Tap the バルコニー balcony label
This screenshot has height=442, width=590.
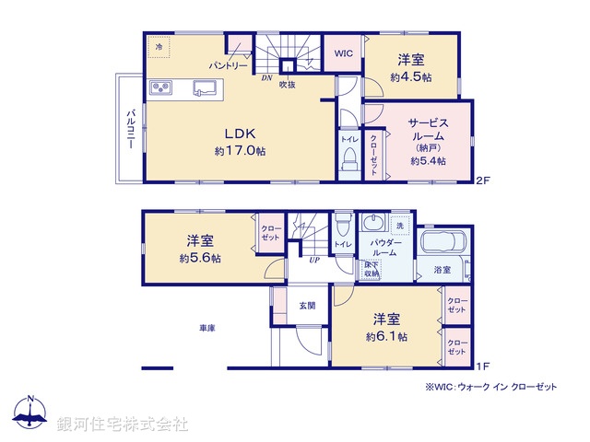(131, 128)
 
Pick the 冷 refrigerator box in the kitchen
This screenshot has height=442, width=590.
(159, 47)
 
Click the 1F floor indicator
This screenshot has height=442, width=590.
(481, 366)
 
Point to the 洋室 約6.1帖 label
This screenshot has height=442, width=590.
(386, 326)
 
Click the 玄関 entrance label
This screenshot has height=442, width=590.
(307, 305)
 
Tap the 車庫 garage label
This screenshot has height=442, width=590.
(206, 328)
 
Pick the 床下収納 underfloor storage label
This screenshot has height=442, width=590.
(369, 269)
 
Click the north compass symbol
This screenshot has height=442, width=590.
(30, 415)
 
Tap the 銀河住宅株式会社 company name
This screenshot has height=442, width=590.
(122, 425)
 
